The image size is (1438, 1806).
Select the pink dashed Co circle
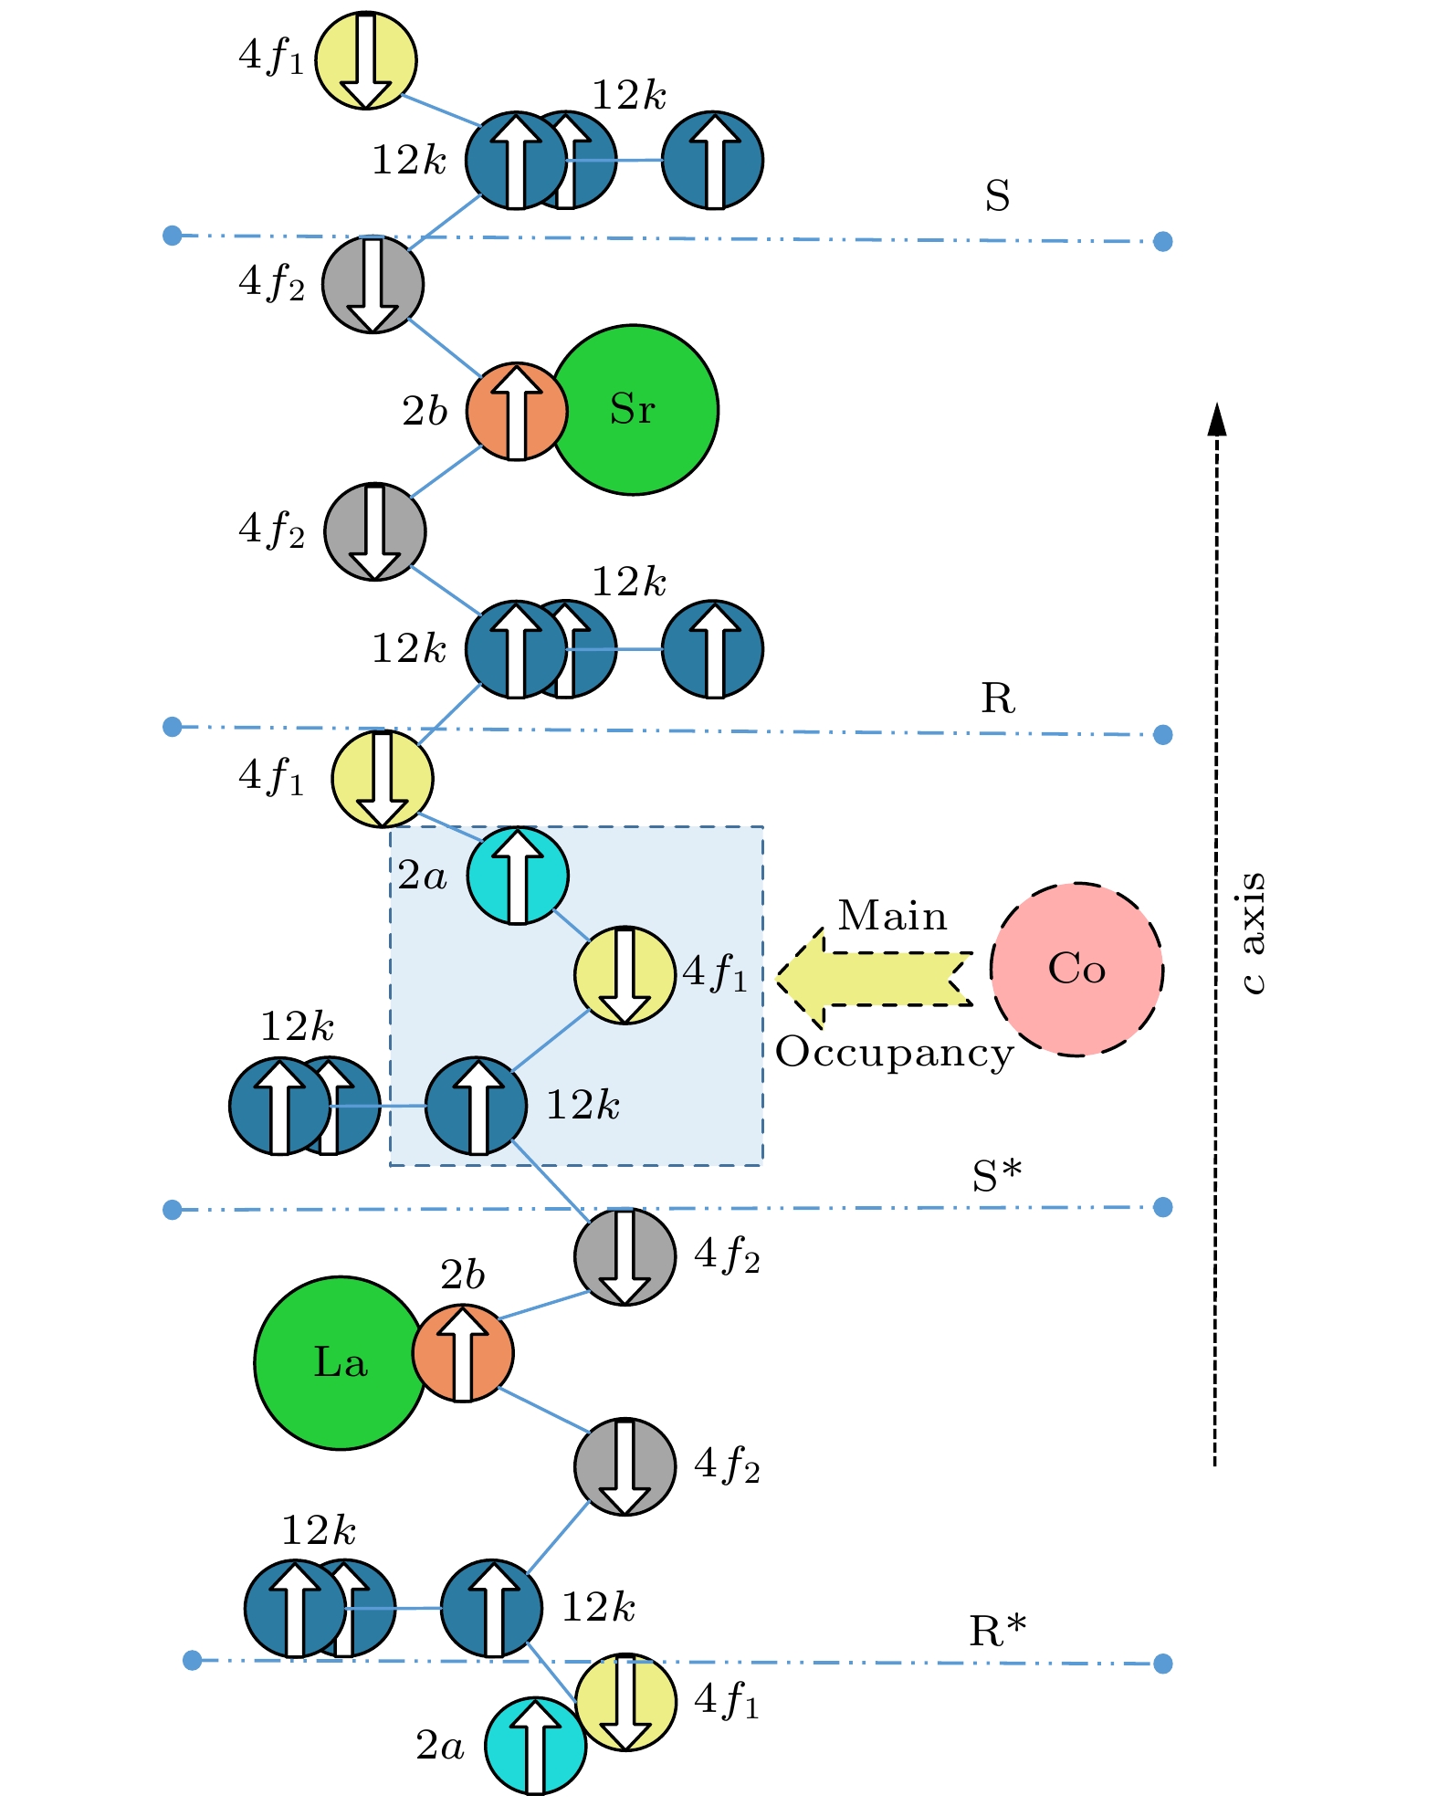point(1076,969)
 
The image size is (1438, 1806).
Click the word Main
point(892,916)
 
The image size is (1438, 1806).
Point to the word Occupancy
point(894,1053)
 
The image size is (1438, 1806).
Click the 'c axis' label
point(1254,932)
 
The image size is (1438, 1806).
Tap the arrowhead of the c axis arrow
point(1216,419)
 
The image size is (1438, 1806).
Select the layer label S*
point(996,1176)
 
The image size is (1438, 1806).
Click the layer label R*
point(997,1631)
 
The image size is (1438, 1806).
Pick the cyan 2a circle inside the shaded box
point(518,876)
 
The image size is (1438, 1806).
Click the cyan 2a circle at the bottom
point(535,1746)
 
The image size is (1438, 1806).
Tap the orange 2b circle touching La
point(462,1353)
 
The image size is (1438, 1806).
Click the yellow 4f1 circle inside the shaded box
point(625,975)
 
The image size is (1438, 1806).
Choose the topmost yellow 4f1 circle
point(366,60)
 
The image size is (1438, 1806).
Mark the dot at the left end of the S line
point(172,236)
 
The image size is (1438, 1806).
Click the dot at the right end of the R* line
point(1162,1664)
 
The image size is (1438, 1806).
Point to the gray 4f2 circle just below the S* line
point(625,1256)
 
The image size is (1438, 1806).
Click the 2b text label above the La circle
point(462,1276)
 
